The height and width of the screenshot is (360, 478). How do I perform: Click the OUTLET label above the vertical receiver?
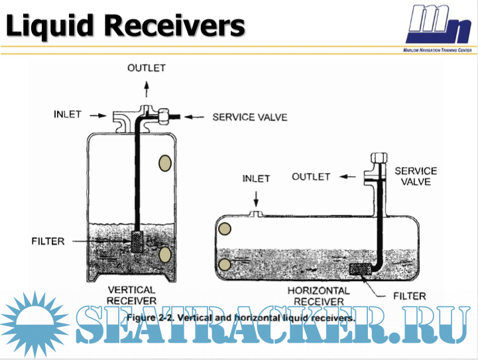[147, 68]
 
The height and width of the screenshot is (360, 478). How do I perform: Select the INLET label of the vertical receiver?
[68, 114]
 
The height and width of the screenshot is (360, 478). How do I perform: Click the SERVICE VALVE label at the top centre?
[249, 117]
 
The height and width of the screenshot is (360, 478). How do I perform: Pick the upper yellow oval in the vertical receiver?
[165, 163]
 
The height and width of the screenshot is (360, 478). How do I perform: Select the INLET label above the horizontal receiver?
[257, 178]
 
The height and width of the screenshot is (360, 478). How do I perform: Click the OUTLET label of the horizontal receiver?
[310, 176]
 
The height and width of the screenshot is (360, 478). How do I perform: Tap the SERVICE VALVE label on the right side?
[416, 176]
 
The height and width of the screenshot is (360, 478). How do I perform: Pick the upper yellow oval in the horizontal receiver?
[225, 229]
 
